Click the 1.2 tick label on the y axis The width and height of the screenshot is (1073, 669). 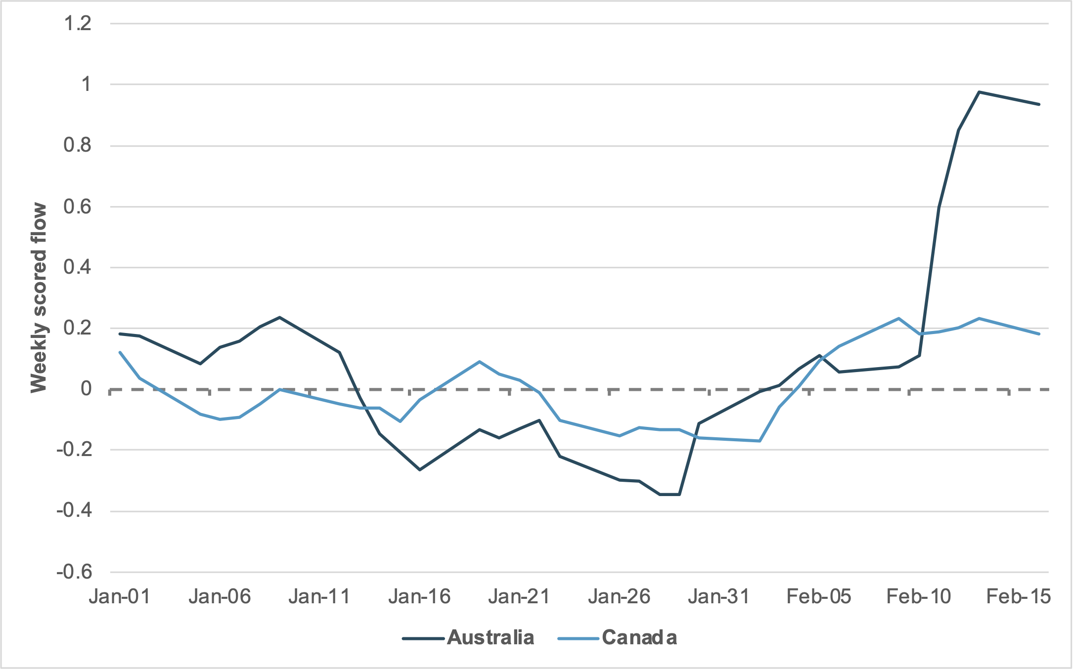tap(78, 23)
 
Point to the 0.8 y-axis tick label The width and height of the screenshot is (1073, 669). tap(78, 145)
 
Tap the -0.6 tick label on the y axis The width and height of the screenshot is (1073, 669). tap(74, 572)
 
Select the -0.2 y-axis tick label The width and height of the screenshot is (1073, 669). tap(74, 450)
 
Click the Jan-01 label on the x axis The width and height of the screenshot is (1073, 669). tap(120, 597)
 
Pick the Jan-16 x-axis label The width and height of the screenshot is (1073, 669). tap(419, 597)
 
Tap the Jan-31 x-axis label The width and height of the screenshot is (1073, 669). tap(719, 597)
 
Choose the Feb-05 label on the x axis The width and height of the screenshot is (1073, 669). tap(819, 597)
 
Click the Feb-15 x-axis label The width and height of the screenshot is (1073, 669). tap(1019, 597)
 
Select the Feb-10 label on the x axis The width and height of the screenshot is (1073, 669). tap(919, 597)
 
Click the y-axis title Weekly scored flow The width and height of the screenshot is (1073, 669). tap(39, 298)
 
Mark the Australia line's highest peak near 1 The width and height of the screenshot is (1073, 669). tap(979, 92)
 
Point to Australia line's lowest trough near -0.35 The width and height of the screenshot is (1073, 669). tap(670, 494)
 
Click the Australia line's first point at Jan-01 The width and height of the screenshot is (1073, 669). tap(120, 334)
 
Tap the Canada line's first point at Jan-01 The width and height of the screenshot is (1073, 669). tap(120, 352)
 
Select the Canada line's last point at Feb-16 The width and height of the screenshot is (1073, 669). tap(1039, 334)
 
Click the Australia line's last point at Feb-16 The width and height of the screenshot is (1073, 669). tap(1039, 104)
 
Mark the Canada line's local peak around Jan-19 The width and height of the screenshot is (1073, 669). tap(479, 362)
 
